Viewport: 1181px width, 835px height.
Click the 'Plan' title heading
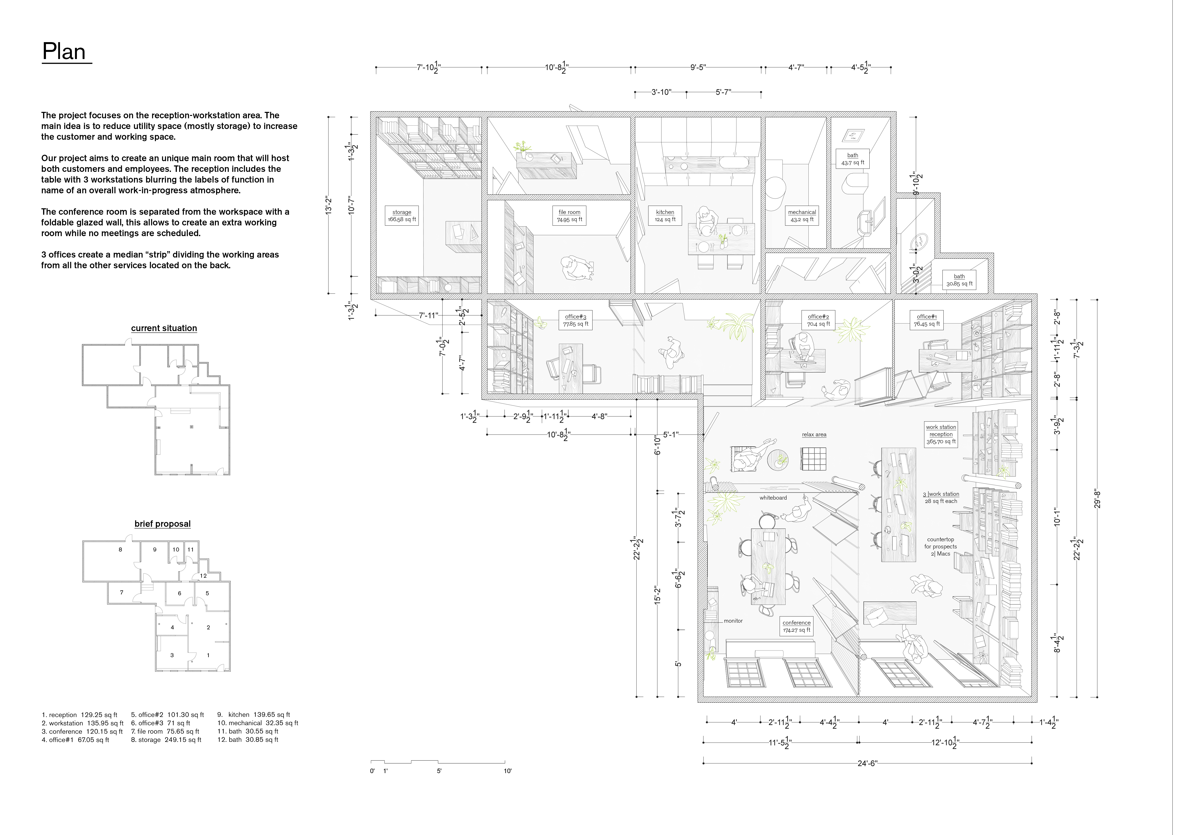(x=64, y=52)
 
